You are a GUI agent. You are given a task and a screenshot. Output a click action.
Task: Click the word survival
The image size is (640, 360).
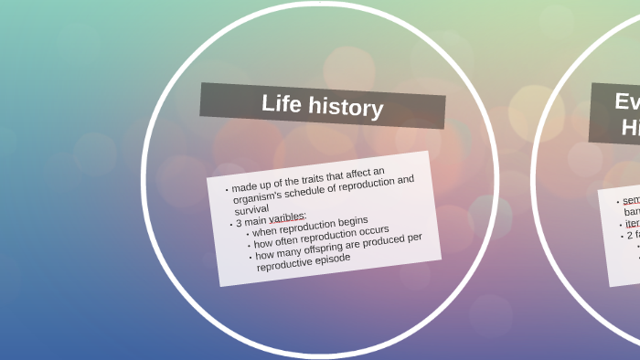(251, 210)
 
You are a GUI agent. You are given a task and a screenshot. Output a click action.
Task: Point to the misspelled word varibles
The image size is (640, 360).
(287, 217)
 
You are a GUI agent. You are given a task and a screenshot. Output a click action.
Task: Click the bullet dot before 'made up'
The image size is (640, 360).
(227, 190)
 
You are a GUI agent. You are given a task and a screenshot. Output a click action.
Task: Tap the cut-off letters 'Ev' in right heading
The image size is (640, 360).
(626, 101)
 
